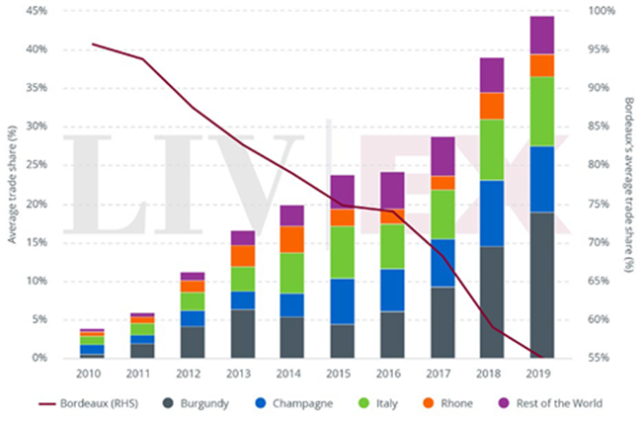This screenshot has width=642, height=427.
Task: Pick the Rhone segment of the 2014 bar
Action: click(291, 239)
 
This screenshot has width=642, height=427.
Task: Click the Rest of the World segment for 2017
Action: click(441, 156)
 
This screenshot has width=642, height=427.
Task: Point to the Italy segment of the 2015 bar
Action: click(342, 252)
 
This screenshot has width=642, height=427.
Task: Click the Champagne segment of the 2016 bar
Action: click(392, 290)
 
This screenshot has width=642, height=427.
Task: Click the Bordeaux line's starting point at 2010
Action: click(93, 44)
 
